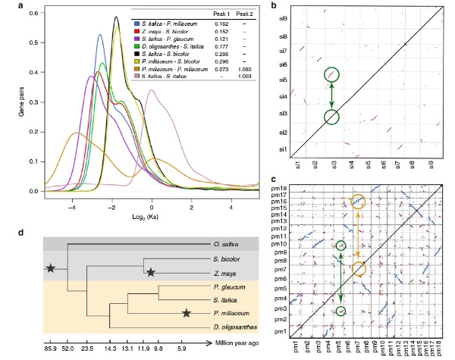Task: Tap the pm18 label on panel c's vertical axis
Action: pyautogui.click(x=281, y=187)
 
